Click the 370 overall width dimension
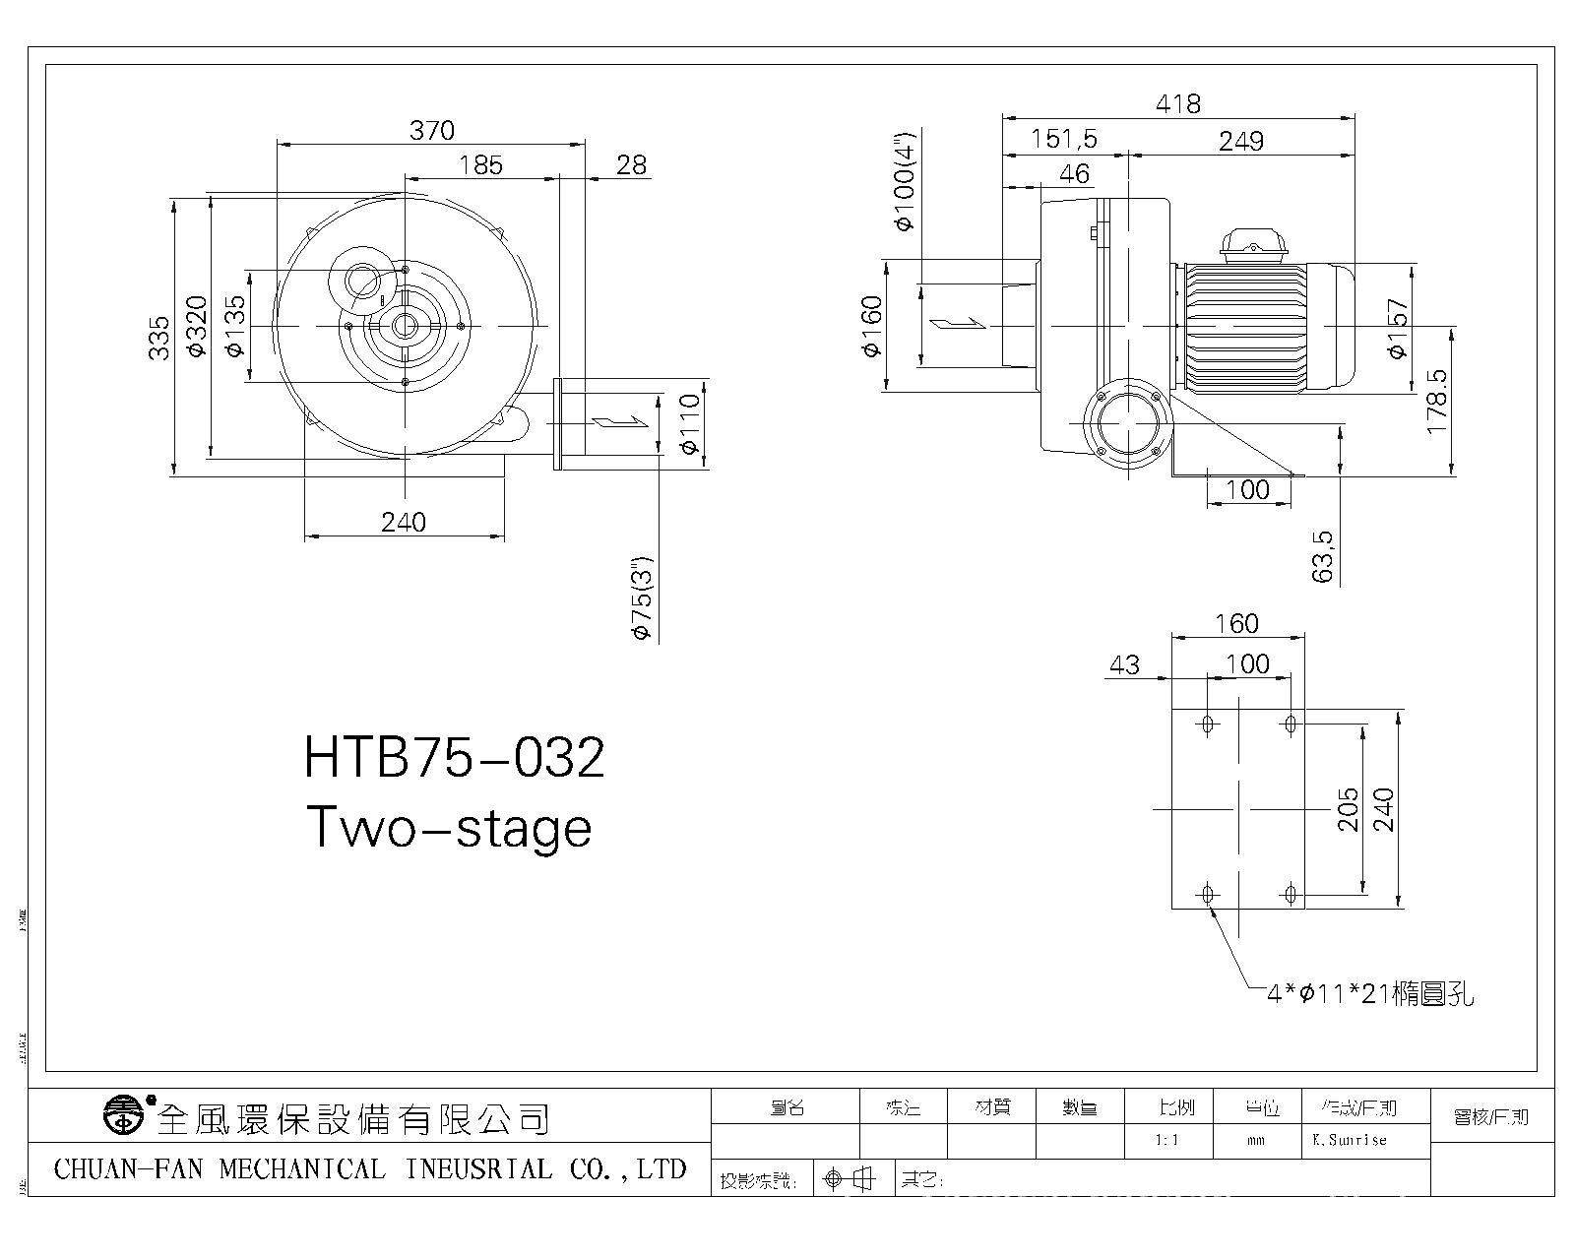(x=432, y=130)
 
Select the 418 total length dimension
(x=1179, y=103)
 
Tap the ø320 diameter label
(x=197, y=326)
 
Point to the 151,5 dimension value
(x=1063, y=139)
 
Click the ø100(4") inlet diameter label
(x=904, y=180)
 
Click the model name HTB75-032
(x=454, y=758)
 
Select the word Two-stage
(x=449, y=827)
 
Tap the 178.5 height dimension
(x=1437, y=403)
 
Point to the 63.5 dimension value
(x=1323, y=556)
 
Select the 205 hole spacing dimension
(x=1348, y=809)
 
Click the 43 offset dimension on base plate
(x=1124, y=665)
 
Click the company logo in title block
(x=122, y=1115)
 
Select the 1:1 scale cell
(x=1167, y=1140)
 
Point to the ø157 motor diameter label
(x=1398, y=330)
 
